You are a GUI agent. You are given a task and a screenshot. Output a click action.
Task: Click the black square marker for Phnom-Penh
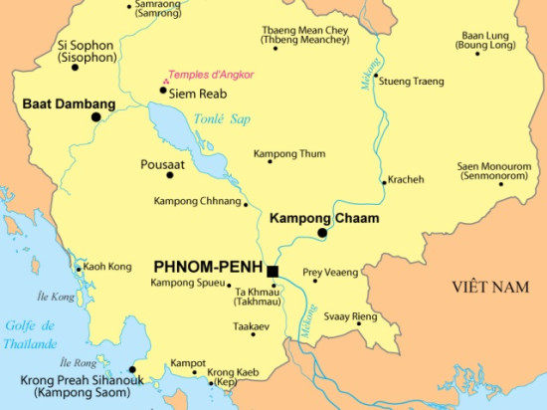click(272, 270)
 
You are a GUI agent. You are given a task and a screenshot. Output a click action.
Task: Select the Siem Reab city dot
click(163, 91)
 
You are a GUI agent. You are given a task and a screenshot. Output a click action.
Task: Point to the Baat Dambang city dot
click(95, 116)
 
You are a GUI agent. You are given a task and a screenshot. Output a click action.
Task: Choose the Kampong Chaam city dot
click(321, 233)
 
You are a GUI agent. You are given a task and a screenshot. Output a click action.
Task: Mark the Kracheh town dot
click(384, 182)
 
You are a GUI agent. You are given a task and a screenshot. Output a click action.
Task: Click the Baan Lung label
click(484, 40)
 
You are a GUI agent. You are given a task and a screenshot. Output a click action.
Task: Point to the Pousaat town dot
click(170, 175)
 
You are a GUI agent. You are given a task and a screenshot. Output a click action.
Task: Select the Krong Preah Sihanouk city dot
click(132, 368)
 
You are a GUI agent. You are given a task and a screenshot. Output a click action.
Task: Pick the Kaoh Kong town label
click(106, 267)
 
